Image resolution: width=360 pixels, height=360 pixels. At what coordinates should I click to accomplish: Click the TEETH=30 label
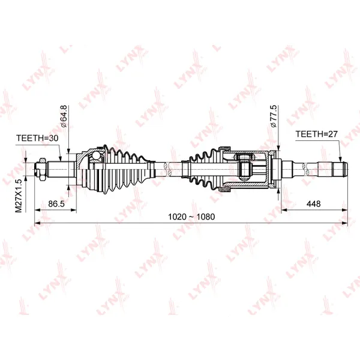(37, 138)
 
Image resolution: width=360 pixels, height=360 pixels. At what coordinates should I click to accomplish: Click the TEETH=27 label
(317, 134)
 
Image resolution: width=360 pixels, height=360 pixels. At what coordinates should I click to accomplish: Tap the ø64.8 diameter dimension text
(63, 116)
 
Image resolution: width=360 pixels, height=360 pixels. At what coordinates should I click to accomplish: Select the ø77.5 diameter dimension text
(274, 116)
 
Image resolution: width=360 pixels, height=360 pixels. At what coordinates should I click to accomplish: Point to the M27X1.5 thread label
(19, 196)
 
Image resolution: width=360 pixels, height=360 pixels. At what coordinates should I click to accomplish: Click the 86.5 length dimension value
(56, 203)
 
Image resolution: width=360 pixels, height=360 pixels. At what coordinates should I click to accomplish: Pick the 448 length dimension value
(313, 203)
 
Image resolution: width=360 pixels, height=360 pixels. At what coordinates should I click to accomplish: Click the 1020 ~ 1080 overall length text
(191, 217)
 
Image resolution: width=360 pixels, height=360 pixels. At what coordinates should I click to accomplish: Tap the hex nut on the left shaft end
(43, 169)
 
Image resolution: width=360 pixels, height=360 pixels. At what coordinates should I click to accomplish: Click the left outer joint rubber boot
(125, 170)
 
